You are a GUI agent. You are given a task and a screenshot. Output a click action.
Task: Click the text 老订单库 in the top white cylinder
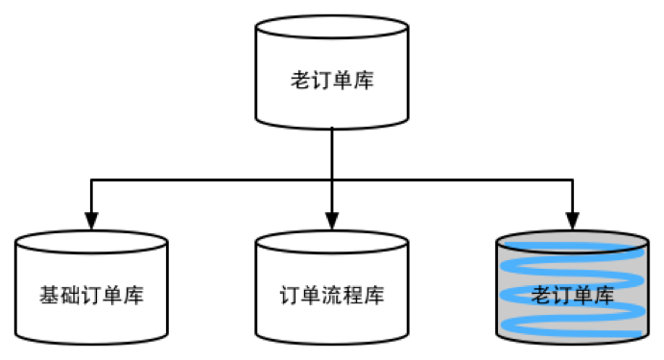point(331,80)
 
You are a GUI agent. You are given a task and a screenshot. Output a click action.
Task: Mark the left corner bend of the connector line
point(92,179)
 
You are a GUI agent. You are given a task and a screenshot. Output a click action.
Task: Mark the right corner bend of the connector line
point(572,179)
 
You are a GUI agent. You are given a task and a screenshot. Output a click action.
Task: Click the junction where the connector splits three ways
point(331,179)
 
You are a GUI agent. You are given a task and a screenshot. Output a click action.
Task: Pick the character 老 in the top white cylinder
point(299,80)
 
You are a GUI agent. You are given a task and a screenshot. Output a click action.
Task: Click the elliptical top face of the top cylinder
point(331,28)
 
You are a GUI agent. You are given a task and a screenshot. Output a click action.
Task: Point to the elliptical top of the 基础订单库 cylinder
point(92,243)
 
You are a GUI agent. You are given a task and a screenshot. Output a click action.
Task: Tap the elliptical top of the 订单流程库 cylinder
point(331,243)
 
